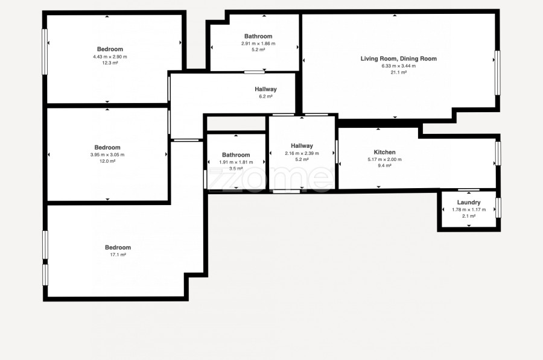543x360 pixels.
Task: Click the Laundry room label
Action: tap(469, 203)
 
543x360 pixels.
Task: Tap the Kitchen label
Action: tap(384, 152)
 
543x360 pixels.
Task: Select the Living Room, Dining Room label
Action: tap(399, 58)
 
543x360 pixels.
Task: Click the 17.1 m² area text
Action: tap(118, 254)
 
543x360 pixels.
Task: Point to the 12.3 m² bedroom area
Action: tap(110, 63)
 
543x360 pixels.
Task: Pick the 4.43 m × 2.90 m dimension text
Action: tap(110, 57)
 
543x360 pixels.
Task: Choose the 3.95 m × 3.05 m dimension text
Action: tap(107, 155)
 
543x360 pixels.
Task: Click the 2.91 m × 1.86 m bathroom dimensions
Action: tap(258, 43)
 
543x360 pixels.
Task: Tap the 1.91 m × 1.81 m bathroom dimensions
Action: tap(236, 162)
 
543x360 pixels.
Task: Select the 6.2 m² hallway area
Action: tap(265, 96)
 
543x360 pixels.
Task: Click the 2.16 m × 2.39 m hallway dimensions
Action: tap(302, 153)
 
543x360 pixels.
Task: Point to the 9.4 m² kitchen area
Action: tap(384, 165)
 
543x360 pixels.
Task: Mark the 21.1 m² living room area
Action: tap(399, 72)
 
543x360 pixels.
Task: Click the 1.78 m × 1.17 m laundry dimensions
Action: tap(469, 209)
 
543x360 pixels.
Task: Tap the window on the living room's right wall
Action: tap(497, 73)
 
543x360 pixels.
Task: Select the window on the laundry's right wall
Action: tap(498, 207)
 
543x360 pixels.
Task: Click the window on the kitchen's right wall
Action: tap(498, 153)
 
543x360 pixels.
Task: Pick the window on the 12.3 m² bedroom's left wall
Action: tap(45, 52)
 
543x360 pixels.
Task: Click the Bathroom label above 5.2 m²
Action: tap(258, 36)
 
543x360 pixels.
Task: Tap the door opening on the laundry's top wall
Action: tap(469, 190)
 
